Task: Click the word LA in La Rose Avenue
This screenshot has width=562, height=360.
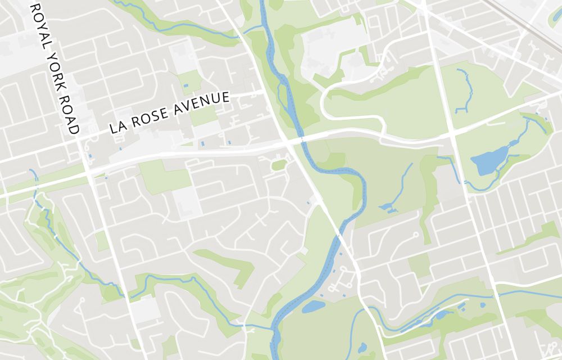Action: click(117, 126)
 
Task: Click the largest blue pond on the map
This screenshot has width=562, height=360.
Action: click(488, 161)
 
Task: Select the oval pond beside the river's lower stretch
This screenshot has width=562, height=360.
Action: click(313, 307)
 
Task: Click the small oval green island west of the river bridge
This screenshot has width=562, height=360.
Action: click(279, 165)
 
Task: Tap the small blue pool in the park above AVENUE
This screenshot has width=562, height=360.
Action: click(185, 85)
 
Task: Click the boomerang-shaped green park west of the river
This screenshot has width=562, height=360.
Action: click(230, 264)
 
